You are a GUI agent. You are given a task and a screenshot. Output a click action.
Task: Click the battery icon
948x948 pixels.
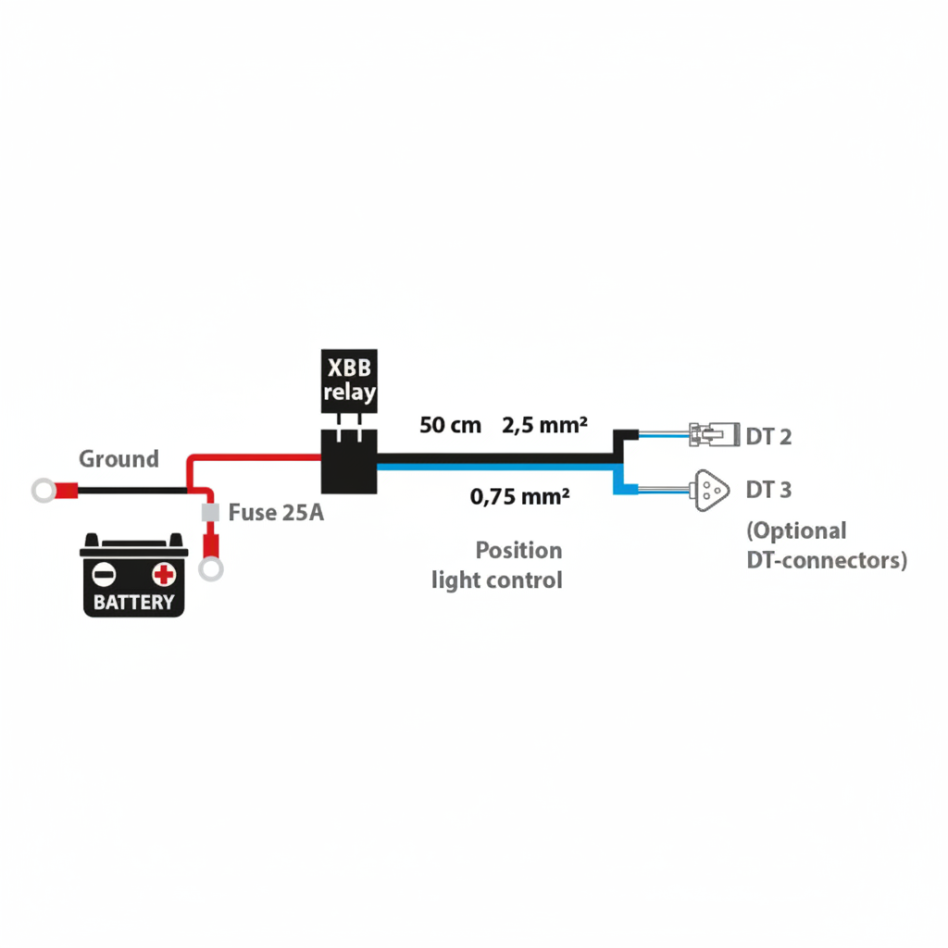[x=134, y=575]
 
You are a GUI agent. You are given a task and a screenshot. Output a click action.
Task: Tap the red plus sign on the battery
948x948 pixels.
[x=164, y=574]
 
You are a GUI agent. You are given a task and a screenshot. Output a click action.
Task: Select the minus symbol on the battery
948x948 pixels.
[x=105, y=574]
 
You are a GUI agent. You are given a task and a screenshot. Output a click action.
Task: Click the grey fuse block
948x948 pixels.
[x=210, y=511]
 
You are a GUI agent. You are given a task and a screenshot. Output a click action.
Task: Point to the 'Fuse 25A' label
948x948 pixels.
[x=276, y=512]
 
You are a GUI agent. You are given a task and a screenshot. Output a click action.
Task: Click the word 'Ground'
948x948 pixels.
[x=118, y=459]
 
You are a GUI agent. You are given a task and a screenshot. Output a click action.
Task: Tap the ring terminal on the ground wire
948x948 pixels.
[x=44, y=491]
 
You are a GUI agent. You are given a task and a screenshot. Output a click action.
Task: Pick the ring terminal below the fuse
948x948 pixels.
[x=211, y=568]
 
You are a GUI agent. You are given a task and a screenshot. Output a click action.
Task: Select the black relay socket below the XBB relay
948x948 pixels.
[x=348, y=460]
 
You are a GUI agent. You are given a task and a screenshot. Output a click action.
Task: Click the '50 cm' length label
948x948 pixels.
[x=451, y=426]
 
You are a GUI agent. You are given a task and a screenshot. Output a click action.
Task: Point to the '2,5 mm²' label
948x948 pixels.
[x=545, y=426]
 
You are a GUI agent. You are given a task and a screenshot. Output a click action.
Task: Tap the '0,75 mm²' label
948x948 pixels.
[x=519, y=497]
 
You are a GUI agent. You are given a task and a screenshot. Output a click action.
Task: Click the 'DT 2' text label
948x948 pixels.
[x=768, y=435]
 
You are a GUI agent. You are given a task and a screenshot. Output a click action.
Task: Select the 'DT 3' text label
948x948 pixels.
[x=768, y=489]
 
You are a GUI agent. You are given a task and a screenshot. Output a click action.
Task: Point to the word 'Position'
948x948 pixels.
[x=518, y=551]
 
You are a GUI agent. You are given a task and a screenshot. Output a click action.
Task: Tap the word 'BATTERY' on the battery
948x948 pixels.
[x=134, y=603]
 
